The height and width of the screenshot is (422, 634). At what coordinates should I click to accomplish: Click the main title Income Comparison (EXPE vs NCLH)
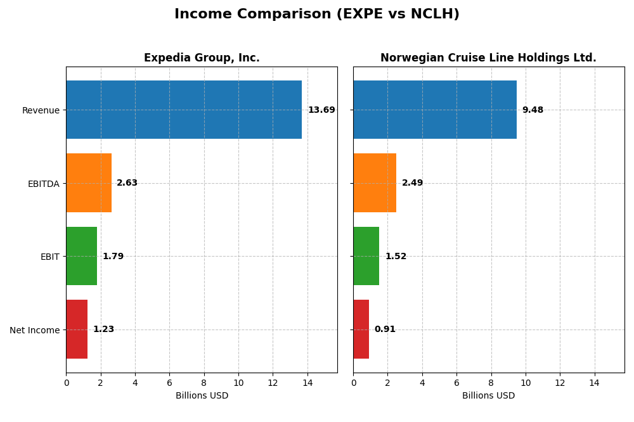click(x=316, y=14)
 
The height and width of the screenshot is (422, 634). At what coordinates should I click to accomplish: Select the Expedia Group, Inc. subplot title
click(x=202, y=58)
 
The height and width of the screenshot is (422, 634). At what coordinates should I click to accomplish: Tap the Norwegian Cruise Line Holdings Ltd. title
click(x=488, y=58)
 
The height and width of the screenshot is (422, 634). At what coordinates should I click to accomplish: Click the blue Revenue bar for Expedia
click(x=184, y=110)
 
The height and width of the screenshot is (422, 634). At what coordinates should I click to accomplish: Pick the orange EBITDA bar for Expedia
click(x=89, y=183)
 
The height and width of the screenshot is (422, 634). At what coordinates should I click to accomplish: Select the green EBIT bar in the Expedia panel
click(x=81, y=256)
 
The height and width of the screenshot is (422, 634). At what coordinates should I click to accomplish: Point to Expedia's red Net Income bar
click(x=77, y=329)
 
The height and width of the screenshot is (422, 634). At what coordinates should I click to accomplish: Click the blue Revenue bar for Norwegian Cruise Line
click(x=435, y=110)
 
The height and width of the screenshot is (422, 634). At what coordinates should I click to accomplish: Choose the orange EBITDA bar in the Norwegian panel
click(x=375, y=183)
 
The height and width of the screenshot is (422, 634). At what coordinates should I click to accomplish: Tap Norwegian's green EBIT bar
click(x=366, y=256)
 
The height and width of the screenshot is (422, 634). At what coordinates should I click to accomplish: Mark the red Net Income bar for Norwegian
click(x=361, y=329)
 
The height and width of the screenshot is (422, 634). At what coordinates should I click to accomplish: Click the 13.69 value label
click(x=321, y=110)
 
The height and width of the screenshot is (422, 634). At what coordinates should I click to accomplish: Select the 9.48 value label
click(x=533, y=110)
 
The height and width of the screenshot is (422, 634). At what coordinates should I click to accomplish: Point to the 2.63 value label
click(x=127, y=183)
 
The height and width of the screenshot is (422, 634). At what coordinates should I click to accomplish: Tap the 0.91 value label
click(x=385, y=329)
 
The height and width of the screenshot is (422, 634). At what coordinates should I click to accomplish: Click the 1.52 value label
click(x=396, y=257)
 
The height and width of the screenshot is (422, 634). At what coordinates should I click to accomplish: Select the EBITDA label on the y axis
click(x=43, y=184)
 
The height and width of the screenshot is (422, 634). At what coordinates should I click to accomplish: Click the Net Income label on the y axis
click(x=34, y=330)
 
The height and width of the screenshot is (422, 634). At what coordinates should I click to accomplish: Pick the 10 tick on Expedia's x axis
click(x=238, y=383)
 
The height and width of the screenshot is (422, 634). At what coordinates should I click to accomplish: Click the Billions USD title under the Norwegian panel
click(x=488, y=396)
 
